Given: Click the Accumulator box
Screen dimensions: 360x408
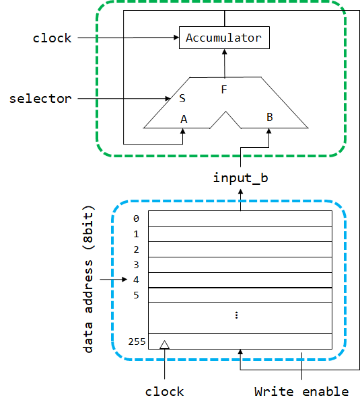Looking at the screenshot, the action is point(224,38).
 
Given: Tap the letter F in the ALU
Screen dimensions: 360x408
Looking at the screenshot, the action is point(224,90).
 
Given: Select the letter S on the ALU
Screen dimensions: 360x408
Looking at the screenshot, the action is point(182,98).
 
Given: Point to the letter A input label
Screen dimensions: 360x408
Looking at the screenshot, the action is point(184,119).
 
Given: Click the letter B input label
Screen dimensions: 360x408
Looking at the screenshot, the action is point(270,117).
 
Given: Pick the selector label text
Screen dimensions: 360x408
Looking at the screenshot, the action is point(40,99).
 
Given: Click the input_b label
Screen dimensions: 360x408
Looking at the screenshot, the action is point(240,178).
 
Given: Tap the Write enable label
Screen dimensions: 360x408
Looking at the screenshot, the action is point(301,392).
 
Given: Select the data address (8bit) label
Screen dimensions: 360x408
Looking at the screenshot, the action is point(88,279).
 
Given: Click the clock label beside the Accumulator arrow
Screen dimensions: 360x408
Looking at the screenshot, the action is point(52,38).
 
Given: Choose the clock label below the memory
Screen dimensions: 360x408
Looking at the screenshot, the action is point(164,392).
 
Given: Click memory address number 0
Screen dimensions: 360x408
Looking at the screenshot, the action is point(136,218).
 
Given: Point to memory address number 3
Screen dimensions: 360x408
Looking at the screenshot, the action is point(136,265).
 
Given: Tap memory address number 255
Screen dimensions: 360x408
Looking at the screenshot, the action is point(137,341).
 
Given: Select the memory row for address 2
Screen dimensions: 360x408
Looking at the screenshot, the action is point(240,249).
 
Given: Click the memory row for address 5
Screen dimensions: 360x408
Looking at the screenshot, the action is point(240,295).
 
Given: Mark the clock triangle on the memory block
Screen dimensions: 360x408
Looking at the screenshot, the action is point(164,345).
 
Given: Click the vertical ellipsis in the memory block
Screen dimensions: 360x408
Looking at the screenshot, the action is point(236,315).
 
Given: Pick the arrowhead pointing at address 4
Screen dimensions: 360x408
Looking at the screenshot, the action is point(124,280).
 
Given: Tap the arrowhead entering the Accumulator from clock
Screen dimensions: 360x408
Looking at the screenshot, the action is point(176,38).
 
